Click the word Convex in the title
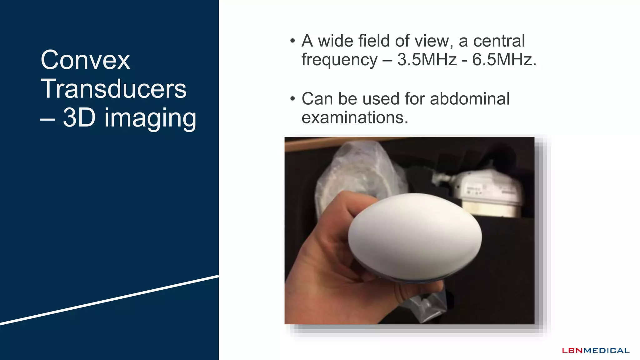click(x=85, y=60)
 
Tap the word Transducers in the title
click(x=113, y=89)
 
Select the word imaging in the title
click(x=150, y=118)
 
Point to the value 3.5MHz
click(x=427, y=59)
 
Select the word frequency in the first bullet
click(x=339, y=60)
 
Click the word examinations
click(x=355, y=117)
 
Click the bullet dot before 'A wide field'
click(x=292, y=41)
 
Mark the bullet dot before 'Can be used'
click(x=292, y=99)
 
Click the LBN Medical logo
click(x=596, y=350)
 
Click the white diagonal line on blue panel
click(x=109, y=300)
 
